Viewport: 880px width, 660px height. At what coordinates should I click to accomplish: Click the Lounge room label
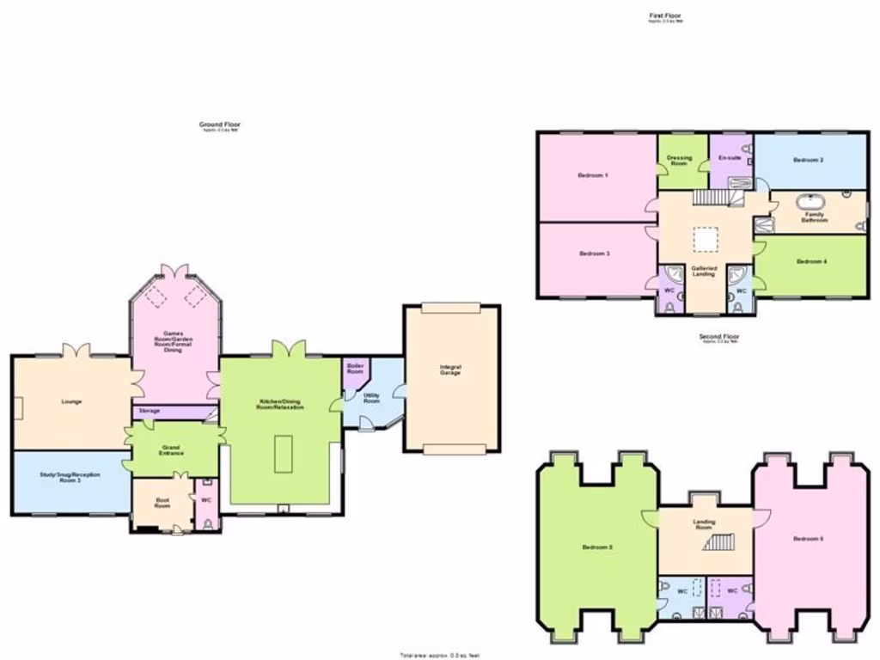(x=70, y=401)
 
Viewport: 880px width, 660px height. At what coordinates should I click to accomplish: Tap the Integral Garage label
(x=450, y=370)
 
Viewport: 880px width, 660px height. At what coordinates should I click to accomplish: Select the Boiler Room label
(x=355, y=368)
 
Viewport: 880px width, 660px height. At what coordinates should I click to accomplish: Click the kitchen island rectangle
(x=284, y=454)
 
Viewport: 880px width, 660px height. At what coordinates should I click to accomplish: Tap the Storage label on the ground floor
(x=150, y=412)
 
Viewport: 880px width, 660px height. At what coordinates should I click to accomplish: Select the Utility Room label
(x=371, y=399)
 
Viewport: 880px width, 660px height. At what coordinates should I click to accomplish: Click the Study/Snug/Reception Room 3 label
(x=71, y=478)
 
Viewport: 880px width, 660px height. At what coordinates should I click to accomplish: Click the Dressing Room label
(x=679, y=161)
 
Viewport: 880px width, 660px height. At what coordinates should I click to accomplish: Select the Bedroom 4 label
(x=811, y=261)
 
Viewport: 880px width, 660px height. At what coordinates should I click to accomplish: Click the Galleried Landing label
(x=704, y=271)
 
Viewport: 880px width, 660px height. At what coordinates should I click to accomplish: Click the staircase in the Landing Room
(x=720, y=541)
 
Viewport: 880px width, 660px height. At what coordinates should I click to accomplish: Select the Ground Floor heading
(x=215, y=125)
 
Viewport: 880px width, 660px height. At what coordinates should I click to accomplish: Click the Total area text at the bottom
(x=439, y=655)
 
